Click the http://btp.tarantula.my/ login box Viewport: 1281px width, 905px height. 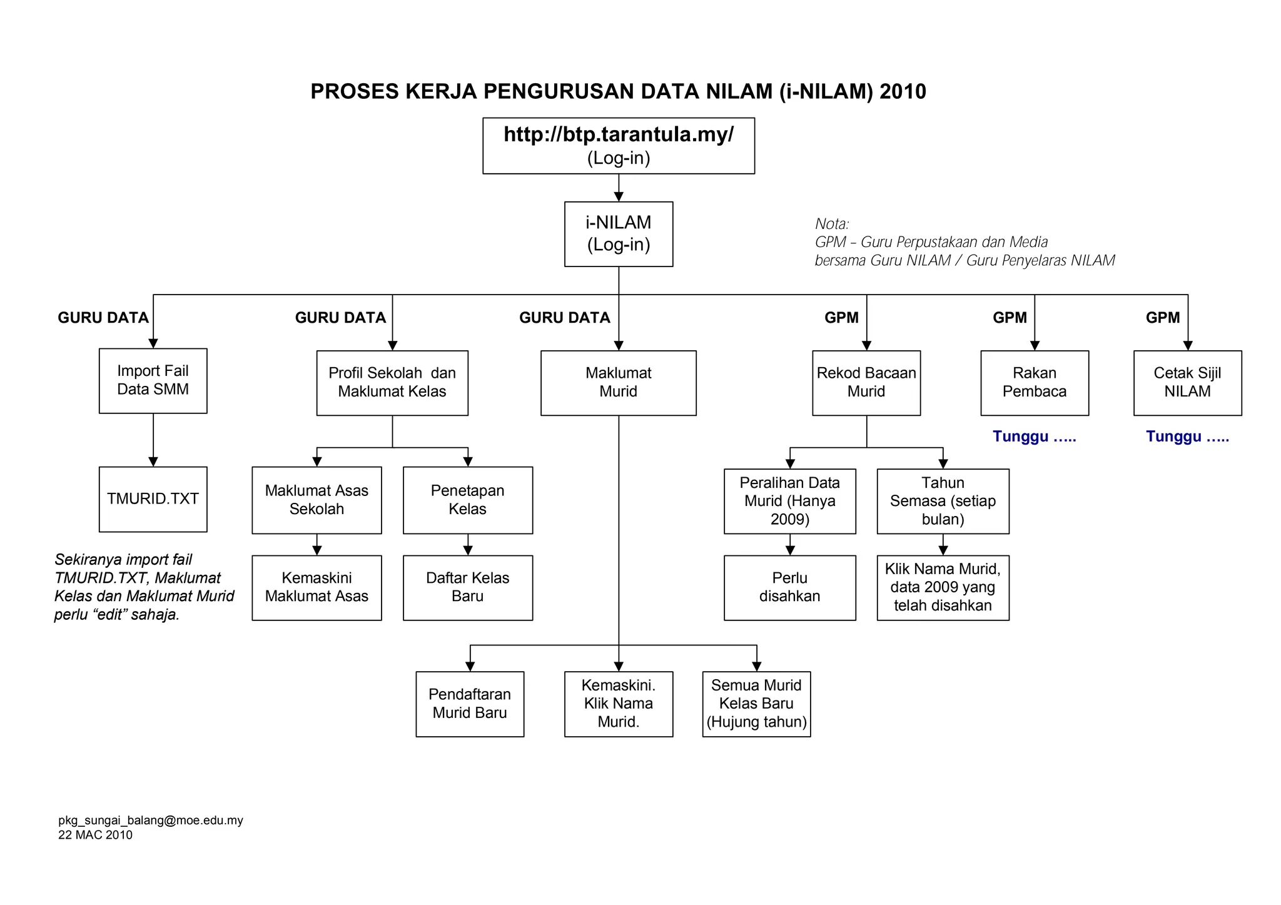coord(618,146)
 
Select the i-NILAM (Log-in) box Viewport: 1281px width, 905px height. coord(618,234)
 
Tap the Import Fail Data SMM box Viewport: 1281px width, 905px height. coord(153,380)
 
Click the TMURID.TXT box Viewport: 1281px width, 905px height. coord(153,499)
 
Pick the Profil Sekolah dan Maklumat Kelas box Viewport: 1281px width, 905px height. coord(392,383)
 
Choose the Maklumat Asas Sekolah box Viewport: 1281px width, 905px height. coord(316,500)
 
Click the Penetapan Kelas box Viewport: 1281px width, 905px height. coord(468,500)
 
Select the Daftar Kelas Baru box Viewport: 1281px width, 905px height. coord(468,587)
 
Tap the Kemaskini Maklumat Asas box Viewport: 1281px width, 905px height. coord(316,587)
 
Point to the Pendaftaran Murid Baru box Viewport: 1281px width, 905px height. coord(470,704)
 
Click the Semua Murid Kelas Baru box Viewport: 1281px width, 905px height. coord(756,704)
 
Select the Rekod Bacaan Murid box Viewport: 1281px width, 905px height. coord(866,383)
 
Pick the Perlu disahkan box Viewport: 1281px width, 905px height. coord(789,587)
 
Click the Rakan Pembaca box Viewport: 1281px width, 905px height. coord(1035,383)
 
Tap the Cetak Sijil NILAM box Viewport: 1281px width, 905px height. coord(1187,383)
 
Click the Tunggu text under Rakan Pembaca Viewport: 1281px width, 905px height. coord(1034,437)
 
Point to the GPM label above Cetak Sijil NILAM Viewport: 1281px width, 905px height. coord(1162,318)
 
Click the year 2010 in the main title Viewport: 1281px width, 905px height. coord(903,92)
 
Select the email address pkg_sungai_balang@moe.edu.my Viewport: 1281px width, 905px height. coord(151,821)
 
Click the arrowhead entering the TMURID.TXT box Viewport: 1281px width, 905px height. coord(153,462)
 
